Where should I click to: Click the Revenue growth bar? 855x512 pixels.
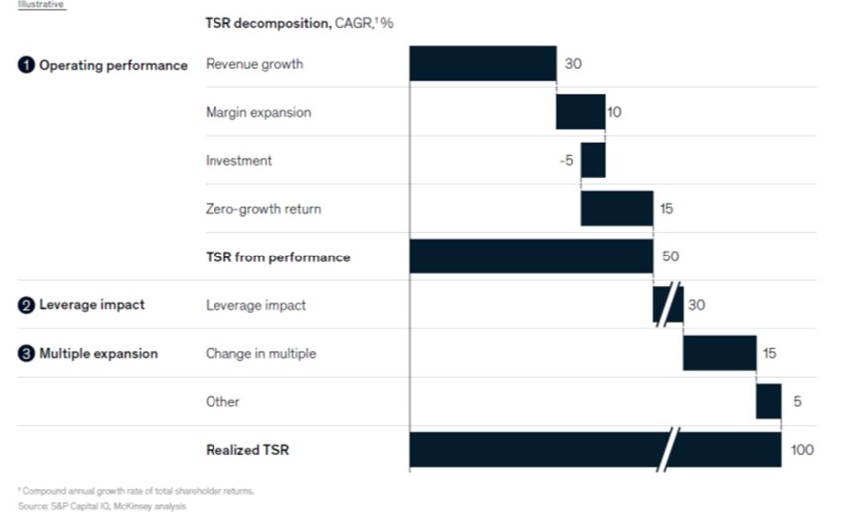[x=482, y=64]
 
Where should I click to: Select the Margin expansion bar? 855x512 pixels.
[x=580, y=112]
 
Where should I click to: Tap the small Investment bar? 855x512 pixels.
[x=593, y=160]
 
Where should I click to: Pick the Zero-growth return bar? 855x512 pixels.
[x=617, y=208]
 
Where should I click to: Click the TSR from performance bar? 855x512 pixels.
[x=531, y=256]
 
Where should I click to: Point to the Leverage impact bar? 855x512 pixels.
[x=668, y=305]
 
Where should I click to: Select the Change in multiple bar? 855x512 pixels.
[x=719, y=353]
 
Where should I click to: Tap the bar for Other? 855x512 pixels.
[x=768, y=401]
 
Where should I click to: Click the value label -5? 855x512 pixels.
[x=566, y=161]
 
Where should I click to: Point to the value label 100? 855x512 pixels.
[x=801, y=451]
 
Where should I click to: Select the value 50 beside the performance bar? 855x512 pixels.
[x=671, y=257]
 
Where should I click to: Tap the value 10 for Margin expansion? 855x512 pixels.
[x=614, y=113]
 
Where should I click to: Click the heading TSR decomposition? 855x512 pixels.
[x=272, y=22]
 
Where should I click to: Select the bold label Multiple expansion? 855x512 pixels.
[x=98, y=354]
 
